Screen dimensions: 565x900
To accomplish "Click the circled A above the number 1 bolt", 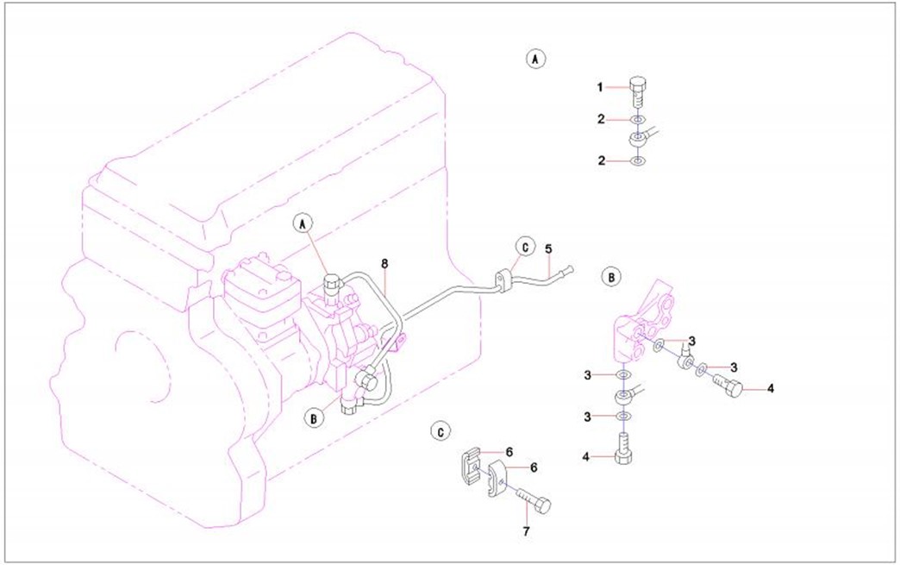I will coord(535,59).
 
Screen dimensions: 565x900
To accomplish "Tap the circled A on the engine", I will coord(302,223).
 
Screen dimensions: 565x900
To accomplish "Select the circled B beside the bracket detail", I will coord(609,277).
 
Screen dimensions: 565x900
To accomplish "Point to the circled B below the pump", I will coord(314,418).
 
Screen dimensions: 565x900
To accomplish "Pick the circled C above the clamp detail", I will coord(441,430).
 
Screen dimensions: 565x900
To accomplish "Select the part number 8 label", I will coord(384,261).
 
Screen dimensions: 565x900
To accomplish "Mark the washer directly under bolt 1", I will coord(636,119).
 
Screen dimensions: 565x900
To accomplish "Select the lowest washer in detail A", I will coord(636,161).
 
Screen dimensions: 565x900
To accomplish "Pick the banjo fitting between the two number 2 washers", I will coord(639,137).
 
